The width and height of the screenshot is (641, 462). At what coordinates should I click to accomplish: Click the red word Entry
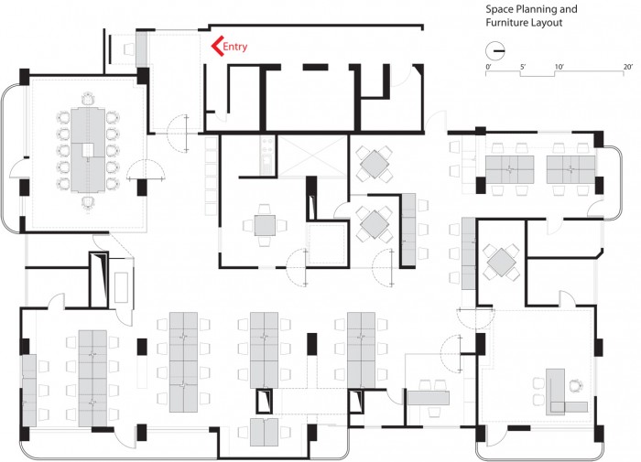point(235,47)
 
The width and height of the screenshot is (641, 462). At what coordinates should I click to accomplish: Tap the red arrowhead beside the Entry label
point(216,46)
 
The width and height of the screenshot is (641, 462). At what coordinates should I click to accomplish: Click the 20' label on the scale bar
point(628,67)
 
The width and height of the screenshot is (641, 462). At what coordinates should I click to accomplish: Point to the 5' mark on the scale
point(523,67)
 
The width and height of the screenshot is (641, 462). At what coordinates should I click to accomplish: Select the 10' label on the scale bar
point(559,67)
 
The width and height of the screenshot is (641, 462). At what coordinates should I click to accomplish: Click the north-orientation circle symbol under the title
point(495,51)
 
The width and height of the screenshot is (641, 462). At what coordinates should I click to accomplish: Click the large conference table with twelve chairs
point(88,149)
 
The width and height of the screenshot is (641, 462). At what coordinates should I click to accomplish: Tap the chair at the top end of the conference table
point(88,99)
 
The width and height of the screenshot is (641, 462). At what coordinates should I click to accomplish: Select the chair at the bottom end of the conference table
point(88,203)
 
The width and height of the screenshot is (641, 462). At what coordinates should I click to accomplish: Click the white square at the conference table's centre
point(88,150)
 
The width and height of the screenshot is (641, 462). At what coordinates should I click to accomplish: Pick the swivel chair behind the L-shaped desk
point(576,385)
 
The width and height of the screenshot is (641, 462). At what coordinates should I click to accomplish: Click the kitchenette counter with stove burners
point(266,156)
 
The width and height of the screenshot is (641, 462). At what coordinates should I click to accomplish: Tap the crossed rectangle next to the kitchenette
point(312,156)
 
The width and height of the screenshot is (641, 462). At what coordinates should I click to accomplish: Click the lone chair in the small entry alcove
point(129,49)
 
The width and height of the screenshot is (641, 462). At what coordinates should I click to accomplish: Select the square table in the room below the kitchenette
point(265,225)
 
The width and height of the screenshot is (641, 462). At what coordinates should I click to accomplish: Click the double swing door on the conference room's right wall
point(146,169)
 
